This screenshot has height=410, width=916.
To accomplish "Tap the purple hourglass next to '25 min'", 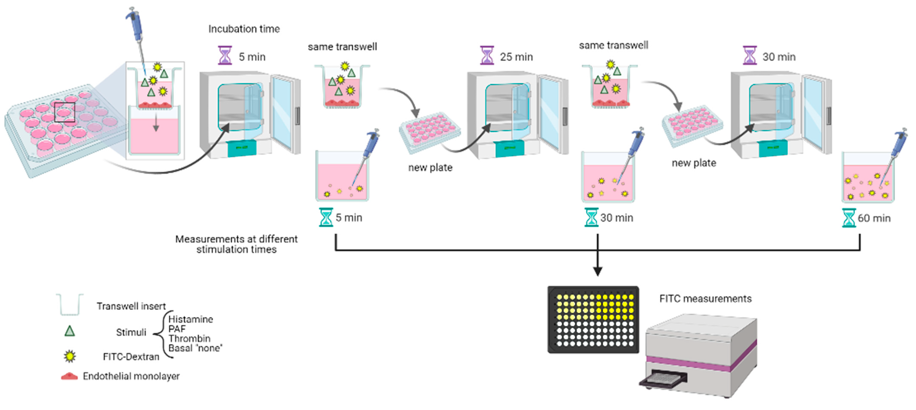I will click(487, 56).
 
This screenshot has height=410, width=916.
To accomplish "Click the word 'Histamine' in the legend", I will click(191, 319).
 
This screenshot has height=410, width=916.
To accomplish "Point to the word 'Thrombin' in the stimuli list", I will click(189, 338).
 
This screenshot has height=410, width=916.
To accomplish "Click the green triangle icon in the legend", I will click(70, 331).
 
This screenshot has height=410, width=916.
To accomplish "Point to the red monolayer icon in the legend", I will click(69, 376).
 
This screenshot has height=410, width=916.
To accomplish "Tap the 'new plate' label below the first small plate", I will click(430, 167).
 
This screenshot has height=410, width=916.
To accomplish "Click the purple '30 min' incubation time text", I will click(779, 57).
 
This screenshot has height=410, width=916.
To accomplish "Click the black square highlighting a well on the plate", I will click(65, 112).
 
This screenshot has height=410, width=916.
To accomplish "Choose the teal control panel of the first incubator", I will click(242, 148).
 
